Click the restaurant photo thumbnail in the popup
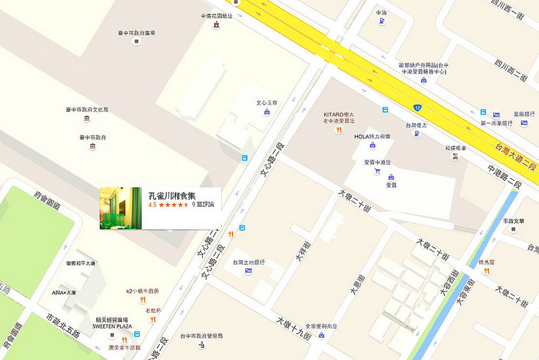121,208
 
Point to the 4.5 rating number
152,204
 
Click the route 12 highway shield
418,107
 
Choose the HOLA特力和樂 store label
372,136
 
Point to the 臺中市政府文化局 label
87,109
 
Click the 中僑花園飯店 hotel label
216,16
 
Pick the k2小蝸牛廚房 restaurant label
142,291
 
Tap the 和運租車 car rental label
455,148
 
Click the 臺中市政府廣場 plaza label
136,32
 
